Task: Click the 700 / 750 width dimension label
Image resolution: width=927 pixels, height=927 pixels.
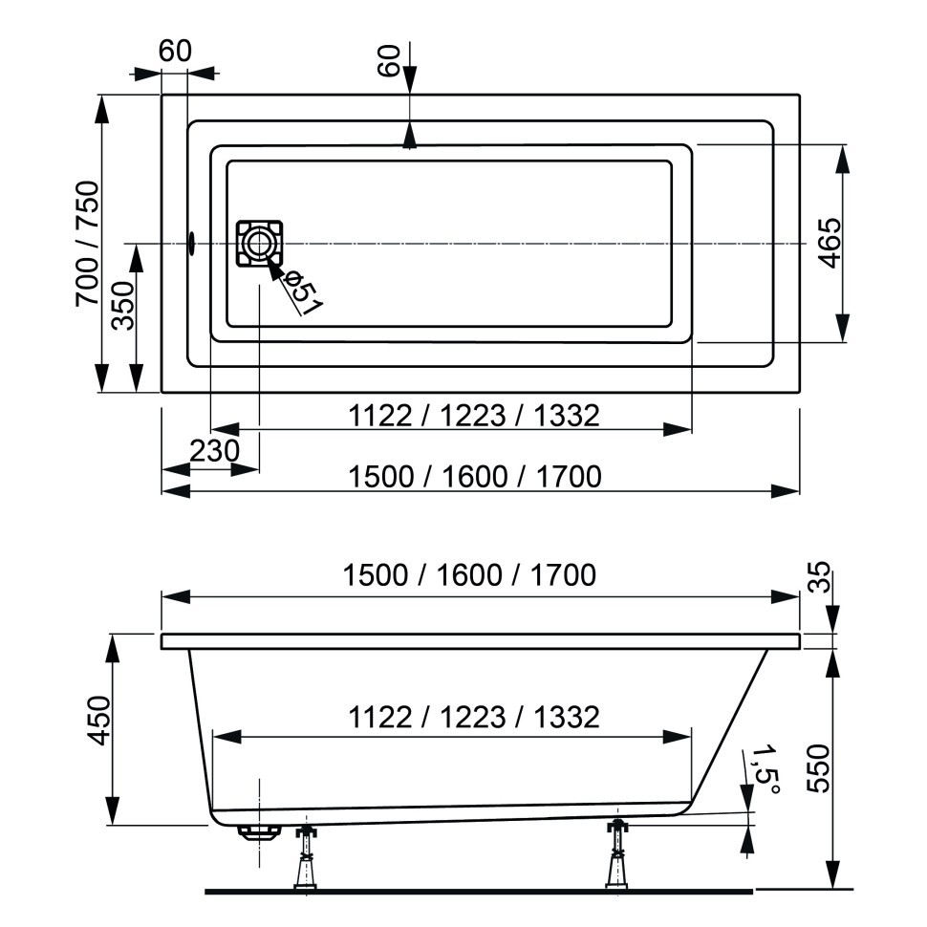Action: pyautogui.click(x=87, y=244)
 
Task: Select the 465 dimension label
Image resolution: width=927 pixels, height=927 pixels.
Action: pyautogui.click(x=830, y=244)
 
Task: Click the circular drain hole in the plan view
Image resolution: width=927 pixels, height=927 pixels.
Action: pyautogui.click(x=258, y=243)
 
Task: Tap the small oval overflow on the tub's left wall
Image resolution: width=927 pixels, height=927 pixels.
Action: pyautogui.click(x=191, y=244)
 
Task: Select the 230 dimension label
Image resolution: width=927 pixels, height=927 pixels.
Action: pyautogui.click(x=213, y=450)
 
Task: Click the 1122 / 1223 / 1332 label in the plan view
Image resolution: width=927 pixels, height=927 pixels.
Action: pyautogui.click(x=473, y=416)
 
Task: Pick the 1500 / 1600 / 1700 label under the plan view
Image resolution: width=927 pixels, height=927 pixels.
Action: pyautogui.click(x=474, y=475)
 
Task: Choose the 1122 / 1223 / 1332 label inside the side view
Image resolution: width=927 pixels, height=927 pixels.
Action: pyautogui.click(x=473, y=717)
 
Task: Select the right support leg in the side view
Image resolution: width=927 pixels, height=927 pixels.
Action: pyautogui.click(x=618, y=855)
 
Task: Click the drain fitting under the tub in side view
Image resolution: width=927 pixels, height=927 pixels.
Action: pyautogui.click(x=258, y=830)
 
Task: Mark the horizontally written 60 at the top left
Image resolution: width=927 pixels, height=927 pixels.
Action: pyautogui.click(x=176, y=52)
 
